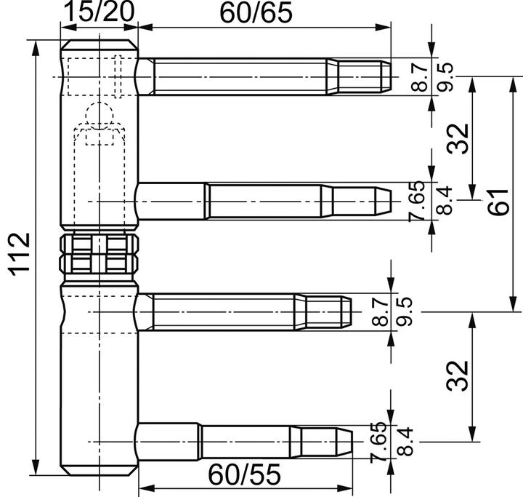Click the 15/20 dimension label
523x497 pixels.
pos(99,12)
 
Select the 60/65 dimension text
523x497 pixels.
pos(256,12)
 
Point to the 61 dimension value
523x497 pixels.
pos(498,202)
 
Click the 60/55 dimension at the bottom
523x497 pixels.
pos(245,474)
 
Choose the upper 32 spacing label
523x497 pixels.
pos(458,139)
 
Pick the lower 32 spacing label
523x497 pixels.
pos(458,375)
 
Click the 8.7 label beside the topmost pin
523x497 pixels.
pos(419,77)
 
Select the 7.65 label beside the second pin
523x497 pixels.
pos(417,202)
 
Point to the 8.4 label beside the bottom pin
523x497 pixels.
pos(405,442)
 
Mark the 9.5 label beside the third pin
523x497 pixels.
pos(405,312)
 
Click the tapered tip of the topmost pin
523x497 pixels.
pos(385,76)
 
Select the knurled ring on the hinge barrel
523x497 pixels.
pos(99,254)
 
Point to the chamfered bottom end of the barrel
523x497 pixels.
pos(99,470)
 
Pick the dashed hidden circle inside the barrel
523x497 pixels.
pos(99,116)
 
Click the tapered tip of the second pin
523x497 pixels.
pos(383,202)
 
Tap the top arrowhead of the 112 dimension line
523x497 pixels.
pos(35,49)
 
